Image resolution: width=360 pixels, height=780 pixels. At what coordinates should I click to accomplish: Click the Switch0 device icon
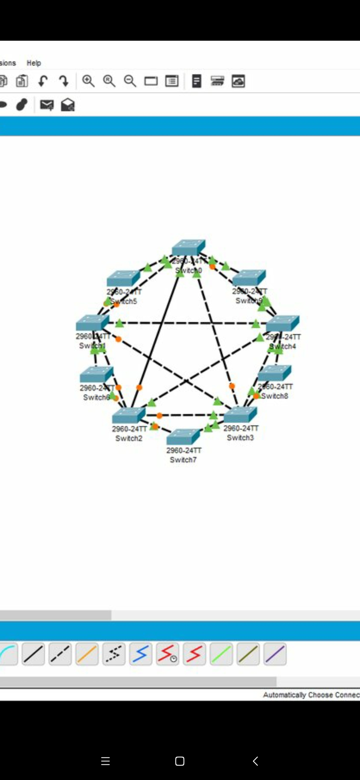pyautogui.click(x=189, y=247)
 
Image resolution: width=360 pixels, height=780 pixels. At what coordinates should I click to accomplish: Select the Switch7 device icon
pyautogui.click(x=183, y=436)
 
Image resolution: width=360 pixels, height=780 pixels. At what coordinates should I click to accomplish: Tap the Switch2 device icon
pyautogui.click(x=129, y=415)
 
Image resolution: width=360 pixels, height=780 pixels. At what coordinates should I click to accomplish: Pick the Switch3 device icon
pyautogui.click(x=240, y=415)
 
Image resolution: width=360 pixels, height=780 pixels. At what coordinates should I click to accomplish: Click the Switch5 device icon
pyautogui.click(x=123, y=278)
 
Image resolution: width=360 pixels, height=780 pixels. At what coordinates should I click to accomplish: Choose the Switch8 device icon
pyautogui.click(x=275, y=373)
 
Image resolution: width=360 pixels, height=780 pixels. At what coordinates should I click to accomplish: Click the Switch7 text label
pyautogui.click(x=183, y=460)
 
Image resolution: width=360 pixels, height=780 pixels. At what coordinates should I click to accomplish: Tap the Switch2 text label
pyautogui.click(x=129, y=438)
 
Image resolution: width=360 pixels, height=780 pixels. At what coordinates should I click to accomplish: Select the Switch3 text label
pyautogui.click(x=240, y=438)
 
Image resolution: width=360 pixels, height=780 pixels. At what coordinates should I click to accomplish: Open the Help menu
pyautogui.click(x=34, y=63)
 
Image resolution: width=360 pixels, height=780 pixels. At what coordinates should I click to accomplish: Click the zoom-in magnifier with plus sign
pyautogui.click(x=88, y=81)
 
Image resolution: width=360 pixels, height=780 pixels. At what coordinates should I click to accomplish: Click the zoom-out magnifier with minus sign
pyautogui.click(x=130, y=81)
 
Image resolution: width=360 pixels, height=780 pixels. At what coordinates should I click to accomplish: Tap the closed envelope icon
pyautogui.click(x=47, y=105)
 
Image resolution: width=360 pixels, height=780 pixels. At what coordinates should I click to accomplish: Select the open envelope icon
pyautogui.click(x=68, y=105)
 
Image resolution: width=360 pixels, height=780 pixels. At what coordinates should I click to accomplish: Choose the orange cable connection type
pyautogui.click(x=87, y=654)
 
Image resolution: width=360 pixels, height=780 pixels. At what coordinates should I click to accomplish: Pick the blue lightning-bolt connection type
pyautogui.click(x=141, y=654)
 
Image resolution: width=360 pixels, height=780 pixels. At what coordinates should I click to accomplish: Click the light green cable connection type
pyautogui.click(x=221, y=654)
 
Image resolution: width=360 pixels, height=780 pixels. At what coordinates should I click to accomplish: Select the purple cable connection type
pyautogui.click(x=275, y=654)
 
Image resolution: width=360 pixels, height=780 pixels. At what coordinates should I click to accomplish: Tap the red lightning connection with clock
pyautogui.click(x=167, y=654)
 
